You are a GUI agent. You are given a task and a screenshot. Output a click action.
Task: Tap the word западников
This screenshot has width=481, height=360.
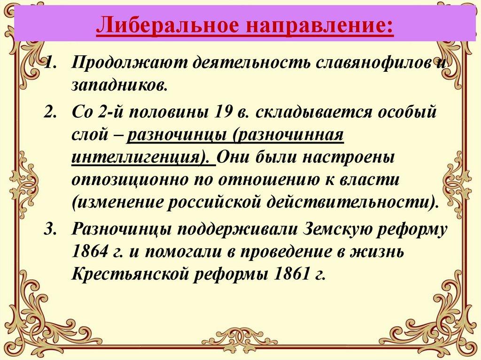pyautogui.click(x=119, y=86)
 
